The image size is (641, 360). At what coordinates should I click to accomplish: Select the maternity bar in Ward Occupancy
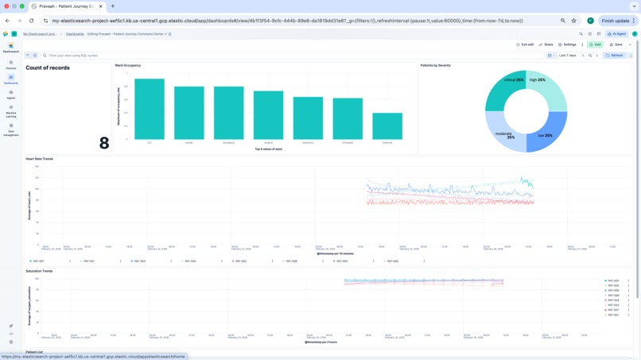(x=387, y=126)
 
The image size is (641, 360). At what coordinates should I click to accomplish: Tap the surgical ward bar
(x=269, y=115)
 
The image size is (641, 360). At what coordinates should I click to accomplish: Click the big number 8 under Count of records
(x=104, y=143)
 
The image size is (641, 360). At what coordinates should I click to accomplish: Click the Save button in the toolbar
(x=616, y=45)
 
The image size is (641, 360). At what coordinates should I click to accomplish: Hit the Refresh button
(x=615, y=56)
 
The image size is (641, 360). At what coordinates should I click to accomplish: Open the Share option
(x=546, y=45)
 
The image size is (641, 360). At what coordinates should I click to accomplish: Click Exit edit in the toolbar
(x=525, y=45)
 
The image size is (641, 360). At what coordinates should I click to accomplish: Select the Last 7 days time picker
(x=567, y=56)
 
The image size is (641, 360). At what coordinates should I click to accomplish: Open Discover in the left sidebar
(x=11, y=65)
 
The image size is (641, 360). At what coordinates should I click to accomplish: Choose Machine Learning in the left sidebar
(x=11, y=111)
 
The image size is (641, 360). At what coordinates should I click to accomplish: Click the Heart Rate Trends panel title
(x=40, y=159)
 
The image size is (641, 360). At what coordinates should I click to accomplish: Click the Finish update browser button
(x=616, y=21)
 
